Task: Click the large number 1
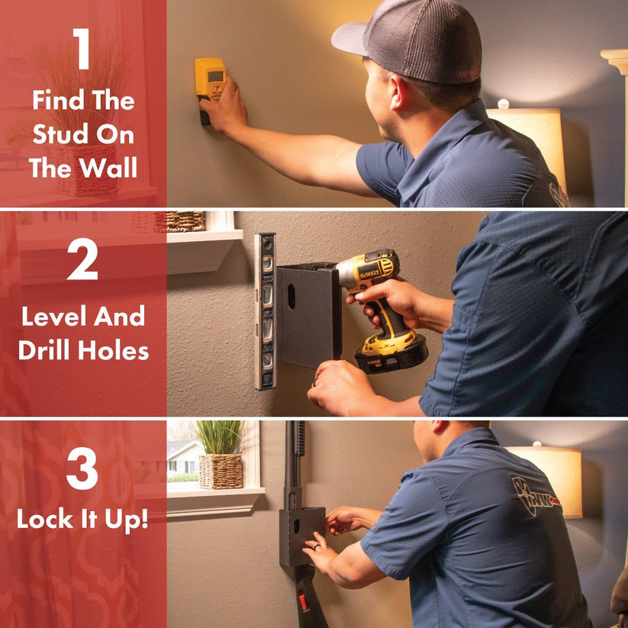[x=82, y=49]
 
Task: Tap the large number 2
[x=82, y=259]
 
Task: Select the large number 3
[x=82, y=469]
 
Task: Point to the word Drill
[x=45, y=349]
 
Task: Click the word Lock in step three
[x=45, y=519]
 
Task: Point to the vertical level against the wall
[x=265, y=311]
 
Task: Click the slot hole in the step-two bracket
[x=291, y=296]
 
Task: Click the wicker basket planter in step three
[x=221, y=471]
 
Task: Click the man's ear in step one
[x=398, y=92]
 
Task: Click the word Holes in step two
[x=114, y=349]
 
